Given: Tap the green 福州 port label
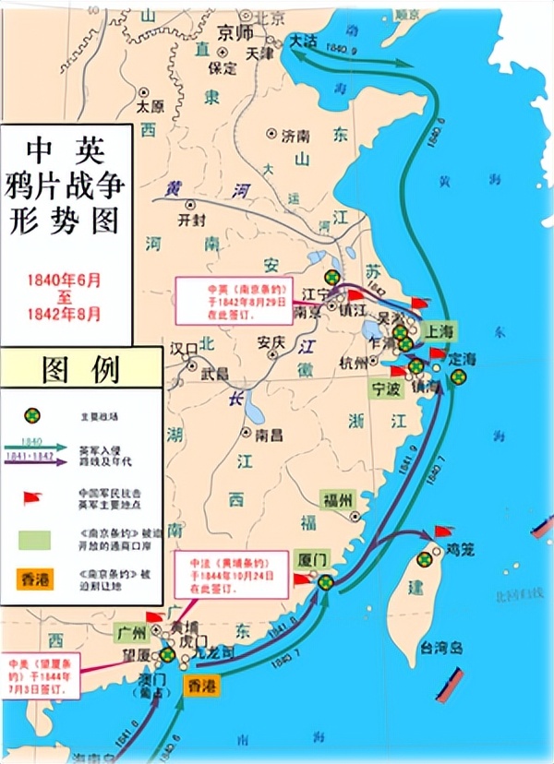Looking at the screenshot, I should (337, 500).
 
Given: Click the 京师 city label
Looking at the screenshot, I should (235, 31).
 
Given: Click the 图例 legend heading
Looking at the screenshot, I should (80, 368).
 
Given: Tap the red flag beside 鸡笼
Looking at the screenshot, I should (444, 531).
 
